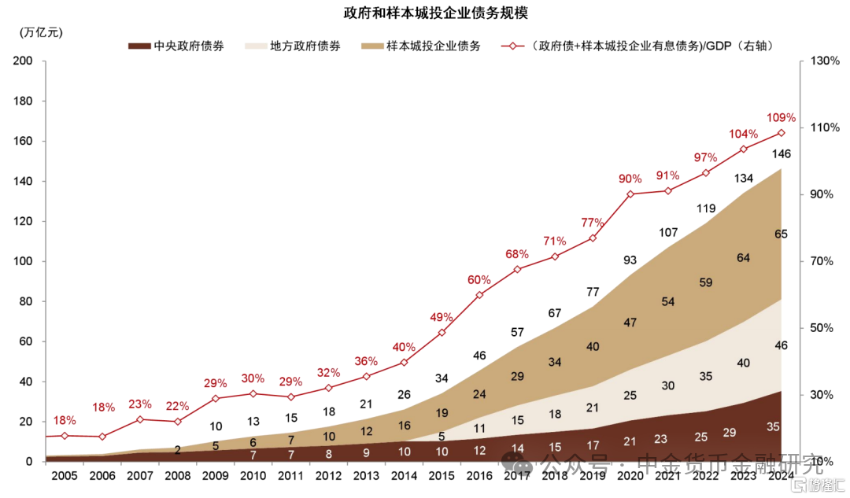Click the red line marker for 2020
pos(630,194)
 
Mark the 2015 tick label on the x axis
pos(442,476)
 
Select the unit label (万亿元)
pos(42,32)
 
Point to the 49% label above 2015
pos(442,317)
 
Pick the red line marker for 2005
pos(65,436)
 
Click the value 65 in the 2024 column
pos(781,234)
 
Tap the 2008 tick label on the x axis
pos(177,476)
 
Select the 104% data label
pos(743,133)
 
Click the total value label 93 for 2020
pos(630,260)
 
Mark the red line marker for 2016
pos(479,295)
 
